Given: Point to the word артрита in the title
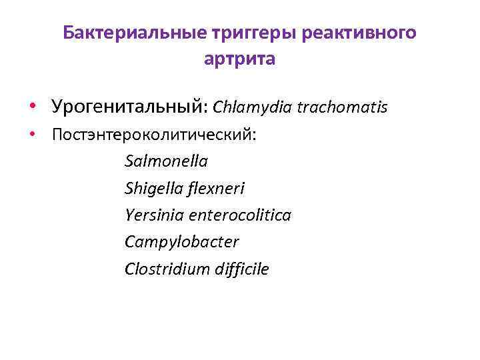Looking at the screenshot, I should tap(239, 59).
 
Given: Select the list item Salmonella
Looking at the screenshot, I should tap(166, 161).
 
